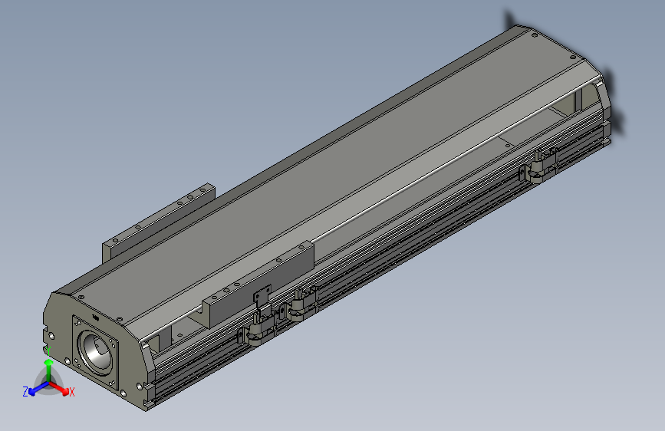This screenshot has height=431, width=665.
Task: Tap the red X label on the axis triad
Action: click(x=72, y=392)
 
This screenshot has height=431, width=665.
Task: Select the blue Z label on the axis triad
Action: click(x=25, y=391)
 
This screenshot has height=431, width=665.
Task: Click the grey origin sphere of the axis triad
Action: click(x=48, y=384)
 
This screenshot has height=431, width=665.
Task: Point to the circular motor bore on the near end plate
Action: click(x=97, y=350)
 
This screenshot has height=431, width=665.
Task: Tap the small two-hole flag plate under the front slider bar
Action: click(x=262, y=296)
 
